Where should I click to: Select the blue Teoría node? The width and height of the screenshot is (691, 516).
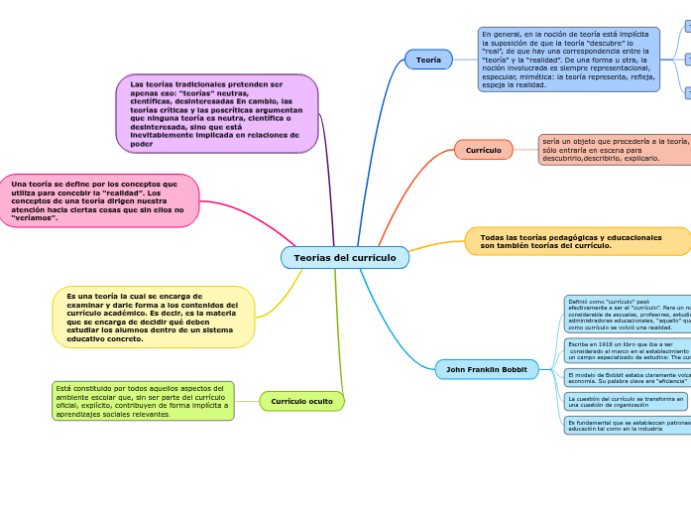(x=428, y=60)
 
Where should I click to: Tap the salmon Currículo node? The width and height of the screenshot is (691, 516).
(x=483, y=150)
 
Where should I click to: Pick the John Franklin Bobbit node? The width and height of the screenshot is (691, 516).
(x=486, y=369)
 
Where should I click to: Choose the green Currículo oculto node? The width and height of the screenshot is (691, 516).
(x=302, y=401)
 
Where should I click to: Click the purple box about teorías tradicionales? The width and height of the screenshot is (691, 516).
(x=217, y=113)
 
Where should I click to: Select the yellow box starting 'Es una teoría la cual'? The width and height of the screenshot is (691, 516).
(x=154, y=318)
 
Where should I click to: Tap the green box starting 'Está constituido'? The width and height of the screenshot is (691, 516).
(x=143, y=401)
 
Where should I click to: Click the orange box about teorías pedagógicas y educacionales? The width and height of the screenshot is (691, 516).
(x=577, y=241)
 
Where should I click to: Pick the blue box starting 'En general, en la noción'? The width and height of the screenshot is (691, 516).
(x=568, y=60)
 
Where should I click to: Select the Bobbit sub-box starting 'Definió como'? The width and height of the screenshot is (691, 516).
(x=627, y=314)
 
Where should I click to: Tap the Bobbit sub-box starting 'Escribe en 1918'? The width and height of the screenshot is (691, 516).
(x=627, y=350)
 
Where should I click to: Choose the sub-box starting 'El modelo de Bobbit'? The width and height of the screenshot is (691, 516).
(x=627, y=377)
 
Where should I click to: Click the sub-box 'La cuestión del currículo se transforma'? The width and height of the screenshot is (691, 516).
(x=626, y=401)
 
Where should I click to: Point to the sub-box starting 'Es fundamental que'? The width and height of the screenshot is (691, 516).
(x=627, y=425)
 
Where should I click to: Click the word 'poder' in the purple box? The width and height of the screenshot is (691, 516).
(x=142, y=144)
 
